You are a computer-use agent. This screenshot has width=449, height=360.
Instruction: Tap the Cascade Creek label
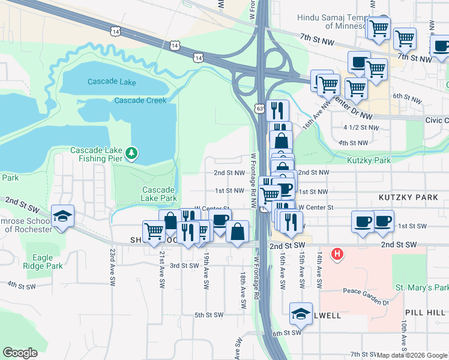pos(140,100)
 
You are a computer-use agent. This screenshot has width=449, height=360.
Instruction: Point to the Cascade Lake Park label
pos(159,194)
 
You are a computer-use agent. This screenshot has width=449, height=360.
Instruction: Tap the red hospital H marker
pos(338,254)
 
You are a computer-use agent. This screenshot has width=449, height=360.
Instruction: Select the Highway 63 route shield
pos(259,109)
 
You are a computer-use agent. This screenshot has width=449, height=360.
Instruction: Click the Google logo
pos(20,352)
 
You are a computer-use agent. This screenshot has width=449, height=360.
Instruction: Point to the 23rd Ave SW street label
pos(112,267)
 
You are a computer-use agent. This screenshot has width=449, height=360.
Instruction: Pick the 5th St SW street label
pos(209,314)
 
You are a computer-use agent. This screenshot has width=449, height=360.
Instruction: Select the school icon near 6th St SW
pos(301,313)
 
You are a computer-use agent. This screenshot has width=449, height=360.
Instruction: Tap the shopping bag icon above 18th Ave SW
pos(238,232)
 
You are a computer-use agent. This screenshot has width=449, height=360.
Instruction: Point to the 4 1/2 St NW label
pos(361,128)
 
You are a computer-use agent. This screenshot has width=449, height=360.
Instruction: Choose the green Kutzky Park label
pos(369,160)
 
